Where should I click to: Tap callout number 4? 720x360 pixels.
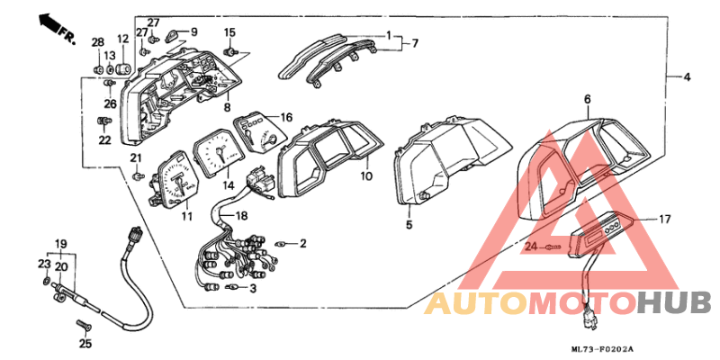click(x=687, y=77)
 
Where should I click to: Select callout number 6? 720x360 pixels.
click(x=588, y=99)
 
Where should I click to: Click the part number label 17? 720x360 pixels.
click(x=665, y=219)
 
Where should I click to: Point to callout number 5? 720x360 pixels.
click(x=409, y=224)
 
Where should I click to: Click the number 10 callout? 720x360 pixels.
click(x=366, y=175)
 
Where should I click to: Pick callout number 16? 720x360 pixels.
click(x=286, y=118)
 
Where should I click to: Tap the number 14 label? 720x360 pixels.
click(x=229, y=185)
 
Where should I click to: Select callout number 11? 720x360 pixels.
click(x=186, y=216)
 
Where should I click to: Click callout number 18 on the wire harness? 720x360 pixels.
click(x=241, y=215)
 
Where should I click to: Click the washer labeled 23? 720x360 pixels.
click(x=46, y=281)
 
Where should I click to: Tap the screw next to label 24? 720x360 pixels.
click(x=553, y=247)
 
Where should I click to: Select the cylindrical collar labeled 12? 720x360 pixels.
click(x=123, y=69)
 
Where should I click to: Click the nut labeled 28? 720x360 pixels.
click(x=97, y=70)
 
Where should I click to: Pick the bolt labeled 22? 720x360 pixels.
click(x=104, y=121)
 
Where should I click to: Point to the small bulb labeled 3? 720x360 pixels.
click(x=232, y=288)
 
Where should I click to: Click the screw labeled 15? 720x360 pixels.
click(x=229, y=51)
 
